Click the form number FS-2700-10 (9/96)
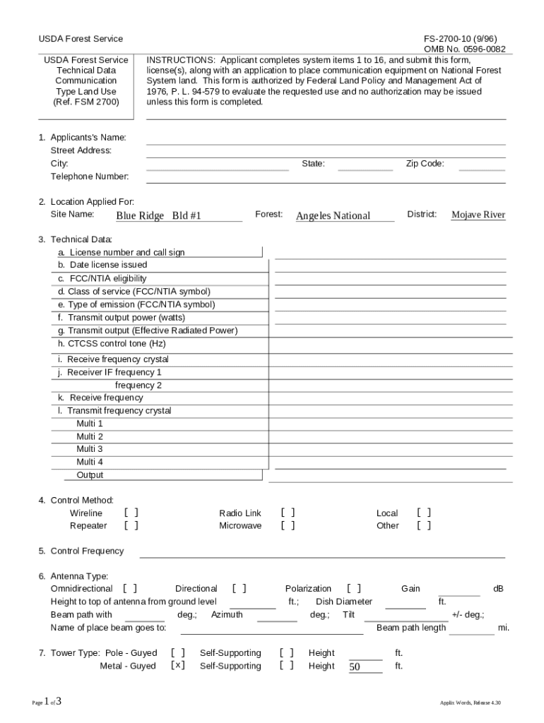465,39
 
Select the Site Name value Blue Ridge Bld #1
159,215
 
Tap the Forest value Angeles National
333,215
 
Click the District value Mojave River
478,215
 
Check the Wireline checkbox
131,513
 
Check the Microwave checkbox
288,526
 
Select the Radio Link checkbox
288,513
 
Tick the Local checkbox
424,513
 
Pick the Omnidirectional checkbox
130,588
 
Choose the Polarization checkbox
354,588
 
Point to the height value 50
355,667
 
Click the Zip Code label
425,164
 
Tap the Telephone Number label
89,177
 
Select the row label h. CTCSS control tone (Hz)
112,344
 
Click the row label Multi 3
90,449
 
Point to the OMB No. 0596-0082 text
464,49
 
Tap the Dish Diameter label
344,602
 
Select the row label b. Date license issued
102,265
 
